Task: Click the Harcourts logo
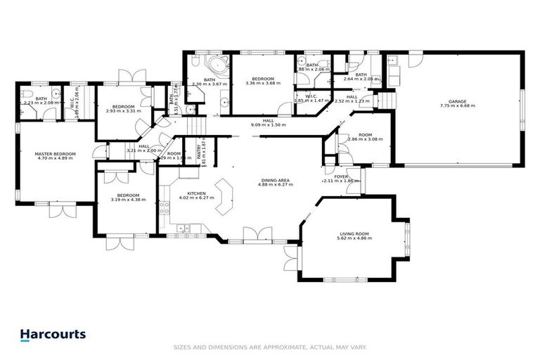(53, 335)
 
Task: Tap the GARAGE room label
(457, 102)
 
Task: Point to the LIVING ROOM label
(354, 234)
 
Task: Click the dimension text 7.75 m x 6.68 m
(457, 106)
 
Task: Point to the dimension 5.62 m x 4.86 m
(354, 238)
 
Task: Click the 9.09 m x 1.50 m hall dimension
(268, 124)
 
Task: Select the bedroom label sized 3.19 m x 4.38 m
(127, 195)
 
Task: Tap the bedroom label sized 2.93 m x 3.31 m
(123, 106)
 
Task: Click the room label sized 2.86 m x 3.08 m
(364, 135)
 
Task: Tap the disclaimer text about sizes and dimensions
(270, 347)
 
